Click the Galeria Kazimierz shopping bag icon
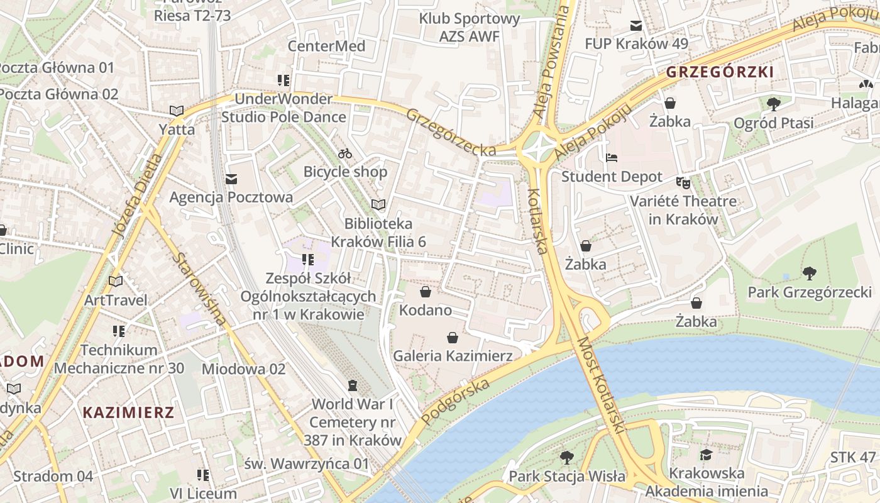coord(452,338)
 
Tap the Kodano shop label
coord(426,310)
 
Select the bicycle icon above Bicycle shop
coord(345,153)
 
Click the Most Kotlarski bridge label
coord(601,385)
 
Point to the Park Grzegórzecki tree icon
coord(809,274)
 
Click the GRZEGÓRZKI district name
coord(720,72)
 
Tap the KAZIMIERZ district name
coord(128,412)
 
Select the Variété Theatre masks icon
coord(683,183)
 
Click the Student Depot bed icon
coord(612,158)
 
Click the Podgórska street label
coord(456,401)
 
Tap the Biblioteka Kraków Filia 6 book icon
coord(378,205)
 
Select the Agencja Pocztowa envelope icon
coord(231,180)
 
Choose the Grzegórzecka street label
coord(450,133)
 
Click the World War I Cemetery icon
coord(353,385)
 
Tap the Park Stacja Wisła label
coord(567,476)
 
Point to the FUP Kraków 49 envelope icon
coord(636,26)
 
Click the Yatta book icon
coord(177,111)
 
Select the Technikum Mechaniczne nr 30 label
coord(119,358)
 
